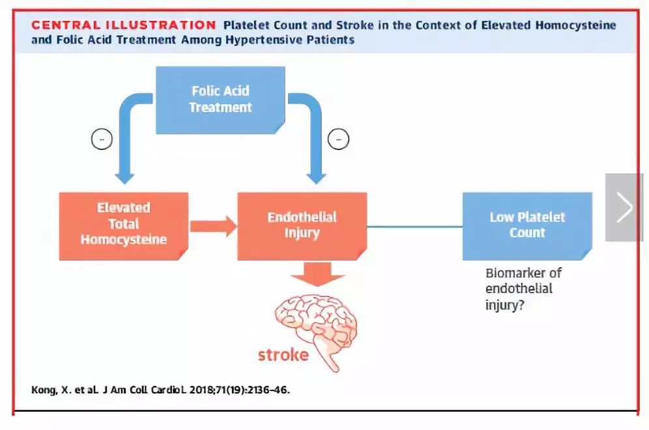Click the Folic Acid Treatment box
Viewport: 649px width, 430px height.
[x=220, y=99]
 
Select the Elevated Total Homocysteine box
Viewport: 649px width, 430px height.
[x=123, y=223]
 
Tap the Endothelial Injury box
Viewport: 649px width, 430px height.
[x=302, y=225]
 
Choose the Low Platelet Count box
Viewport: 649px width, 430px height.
[x=527, y=225]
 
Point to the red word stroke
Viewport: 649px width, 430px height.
[x=283, y=355]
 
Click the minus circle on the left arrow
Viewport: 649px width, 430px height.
[x=102, y=139]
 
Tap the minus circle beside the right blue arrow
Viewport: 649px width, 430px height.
[x=339, y=139]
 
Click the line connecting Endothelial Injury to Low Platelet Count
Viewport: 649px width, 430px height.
[x=414, y=227]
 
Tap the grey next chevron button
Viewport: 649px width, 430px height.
[x=624, y=208]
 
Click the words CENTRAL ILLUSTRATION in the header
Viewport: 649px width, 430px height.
[x=124, y=25]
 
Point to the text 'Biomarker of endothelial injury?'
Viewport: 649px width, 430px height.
[x=523, y=288]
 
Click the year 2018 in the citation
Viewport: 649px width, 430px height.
[x=198, y=390]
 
